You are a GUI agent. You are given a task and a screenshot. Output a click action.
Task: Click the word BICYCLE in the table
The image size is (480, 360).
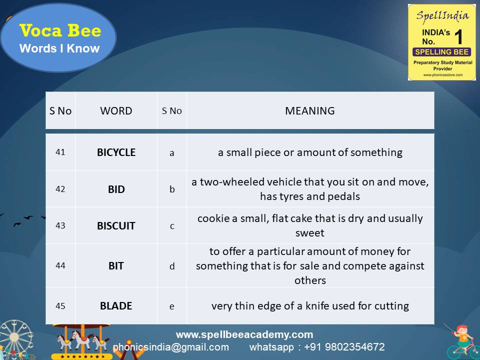click(x=116, y=152)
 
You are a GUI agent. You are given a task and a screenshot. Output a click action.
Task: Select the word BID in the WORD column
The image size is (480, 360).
click(x=116, y=189)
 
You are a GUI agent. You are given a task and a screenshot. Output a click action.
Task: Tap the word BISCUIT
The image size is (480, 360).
click(x=116, y=226)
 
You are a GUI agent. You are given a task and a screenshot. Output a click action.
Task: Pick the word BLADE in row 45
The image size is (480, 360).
click(x=116, y=306)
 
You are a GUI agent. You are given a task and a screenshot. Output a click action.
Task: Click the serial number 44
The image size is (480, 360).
click(x=60, y=265)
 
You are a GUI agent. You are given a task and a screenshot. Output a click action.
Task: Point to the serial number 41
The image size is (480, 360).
click(x=60, y=152)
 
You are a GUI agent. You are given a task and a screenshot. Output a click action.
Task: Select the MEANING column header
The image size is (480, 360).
click(x=310, y=111)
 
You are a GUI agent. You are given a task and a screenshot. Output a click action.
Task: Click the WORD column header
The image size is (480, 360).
click(x=116, y=111)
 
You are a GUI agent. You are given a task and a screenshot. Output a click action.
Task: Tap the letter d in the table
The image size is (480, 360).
click(x=172, y=266)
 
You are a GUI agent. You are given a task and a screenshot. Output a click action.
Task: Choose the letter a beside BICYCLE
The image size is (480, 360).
click(x=171, y=153)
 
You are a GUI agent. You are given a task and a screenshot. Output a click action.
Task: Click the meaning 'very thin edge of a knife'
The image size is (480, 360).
click(x=310, y=306)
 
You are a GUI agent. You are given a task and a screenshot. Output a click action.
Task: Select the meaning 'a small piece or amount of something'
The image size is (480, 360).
click(x=310, y=152)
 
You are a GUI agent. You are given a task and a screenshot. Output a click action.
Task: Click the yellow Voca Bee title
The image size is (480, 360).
click(x=60, y=30)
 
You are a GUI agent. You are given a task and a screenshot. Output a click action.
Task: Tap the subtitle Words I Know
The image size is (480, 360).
click(x=59, y=48)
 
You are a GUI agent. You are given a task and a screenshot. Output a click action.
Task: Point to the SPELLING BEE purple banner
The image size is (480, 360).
click(x=441, y=51)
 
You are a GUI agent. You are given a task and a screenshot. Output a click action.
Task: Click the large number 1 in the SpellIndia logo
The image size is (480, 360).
click(x=458, y=37)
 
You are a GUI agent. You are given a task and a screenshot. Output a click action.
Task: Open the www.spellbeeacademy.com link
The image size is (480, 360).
click(x=244, y=334)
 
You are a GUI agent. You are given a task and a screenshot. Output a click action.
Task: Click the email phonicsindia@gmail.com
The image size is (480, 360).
click(x=171, y=347)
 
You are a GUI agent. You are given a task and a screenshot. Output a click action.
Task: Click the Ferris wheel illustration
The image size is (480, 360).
click(x=15, y=339)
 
